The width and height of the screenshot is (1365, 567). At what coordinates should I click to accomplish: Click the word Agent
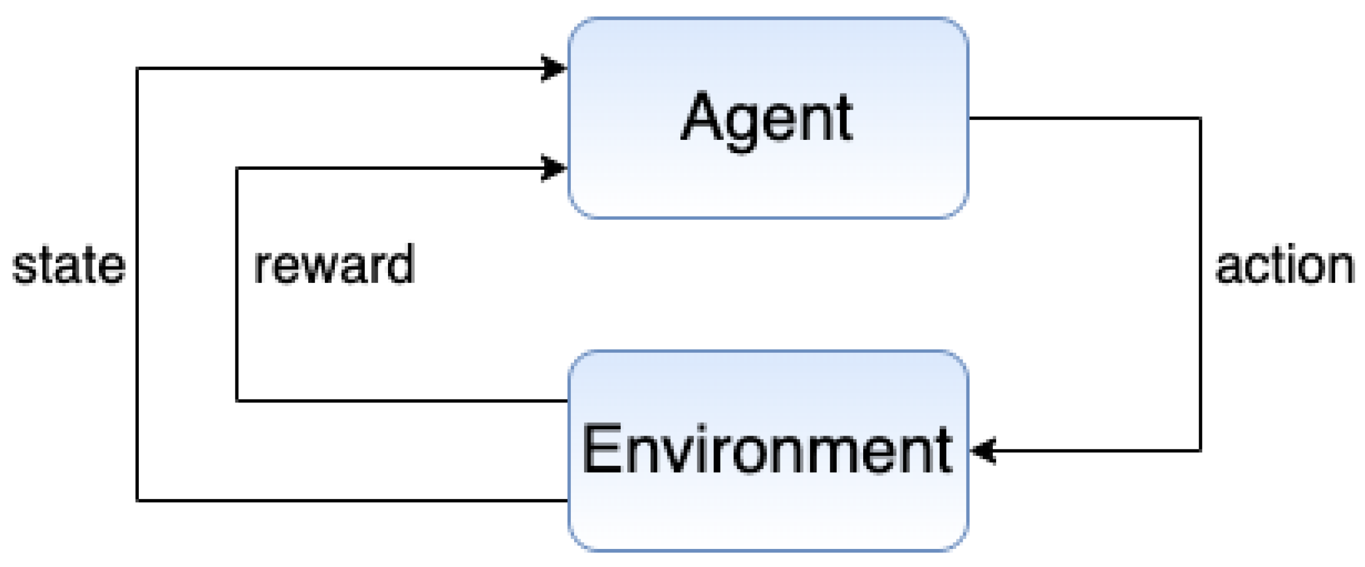pyautogui.click(x=767, y=118)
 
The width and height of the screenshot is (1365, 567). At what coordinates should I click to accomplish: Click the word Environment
pyautogui.click(x=767, y=450)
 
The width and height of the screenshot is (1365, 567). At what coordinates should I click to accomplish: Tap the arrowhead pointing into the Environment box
pyautogui.click(x=982, y=451)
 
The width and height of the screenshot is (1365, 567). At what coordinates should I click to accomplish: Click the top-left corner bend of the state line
pyautogui.click(x=138, y=69)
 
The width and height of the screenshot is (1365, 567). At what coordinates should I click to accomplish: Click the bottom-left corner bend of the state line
pyautogui.click(x=138, y=500)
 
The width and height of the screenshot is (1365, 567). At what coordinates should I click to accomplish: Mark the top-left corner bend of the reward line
pyautogui.click(x=237, y=169)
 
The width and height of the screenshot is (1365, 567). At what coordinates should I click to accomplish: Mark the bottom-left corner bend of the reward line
pyautogui.click(x=237, y=401)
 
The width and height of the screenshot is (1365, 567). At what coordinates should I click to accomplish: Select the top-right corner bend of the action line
pyautogui.click(x=1201, y=118)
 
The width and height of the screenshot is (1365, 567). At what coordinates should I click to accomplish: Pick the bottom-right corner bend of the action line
pyautogui.click(x=1201, y=451)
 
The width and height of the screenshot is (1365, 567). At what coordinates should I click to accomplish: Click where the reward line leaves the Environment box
pyautogui.click(x=567, y=401)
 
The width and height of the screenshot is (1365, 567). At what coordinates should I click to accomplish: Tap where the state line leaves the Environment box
pyautogui.click(x=567, y=500)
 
